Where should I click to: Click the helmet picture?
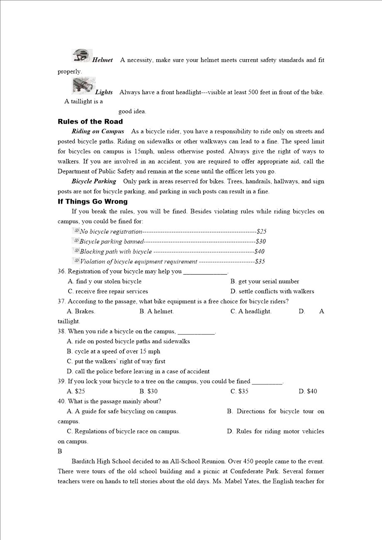(x=82, y=56)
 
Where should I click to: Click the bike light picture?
(x=83, y=85)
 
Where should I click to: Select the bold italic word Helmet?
(x=102, y=60)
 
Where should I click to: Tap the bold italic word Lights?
(x=104, y=92)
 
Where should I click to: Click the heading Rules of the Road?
(x=90, y=122)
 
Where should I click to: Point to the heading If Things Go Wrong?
(x=93, y=202)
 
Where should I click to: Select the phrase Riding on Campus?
(x=98, y=131)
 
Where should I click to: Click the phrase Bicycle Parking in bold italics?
(x=94, y=181)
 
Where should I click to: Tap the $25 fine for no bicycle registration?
(x=262, y=231)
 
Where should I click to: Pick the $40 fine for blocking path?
(x=260, y=251)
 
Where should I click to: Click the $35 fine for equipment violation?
(x=260, y=261)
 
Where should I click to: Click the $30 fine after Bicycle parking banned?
(x=261, y=241)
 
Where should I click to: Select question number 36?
(x=61, y=271)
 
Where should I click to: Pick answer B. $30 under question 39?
(x=149, y=391)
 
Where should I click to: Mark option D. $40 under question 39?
(x=308, y=391)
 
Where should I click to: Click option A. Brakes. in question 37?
(x=81, y=311)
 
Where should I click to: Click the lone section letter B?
(x=60, y=451)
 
